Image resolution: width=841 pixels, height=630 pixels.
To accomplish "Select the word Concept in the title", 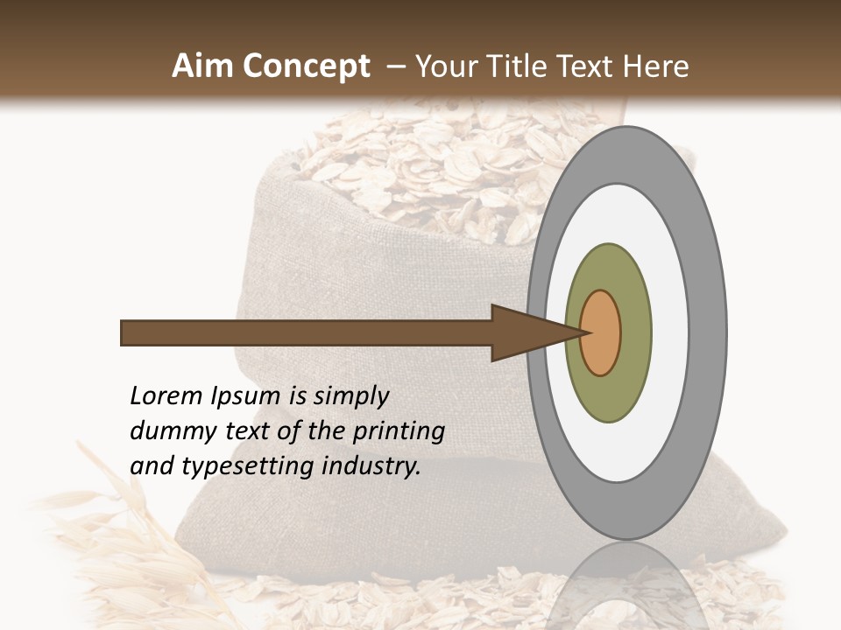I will pyautogui.click(x=306, y=66).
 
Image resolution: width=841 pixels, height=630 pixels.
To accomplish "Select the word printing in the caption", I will pyautogui.click(x=399, y=432).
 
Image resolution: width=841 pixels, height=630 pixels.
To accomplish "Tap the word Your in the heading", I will pyautogui.click(x=445, y=66).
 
